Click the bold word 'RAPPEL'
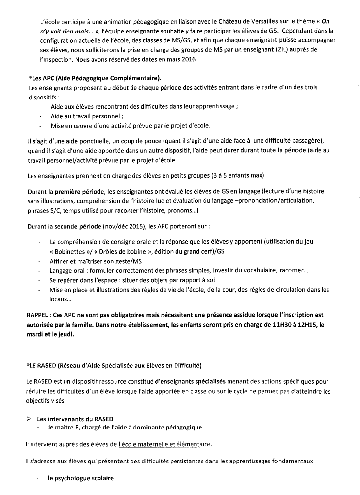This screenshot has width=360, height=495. tap(38, 314)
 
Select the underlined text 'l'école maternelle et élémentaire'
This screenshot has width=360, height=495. tap(164, 444)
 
